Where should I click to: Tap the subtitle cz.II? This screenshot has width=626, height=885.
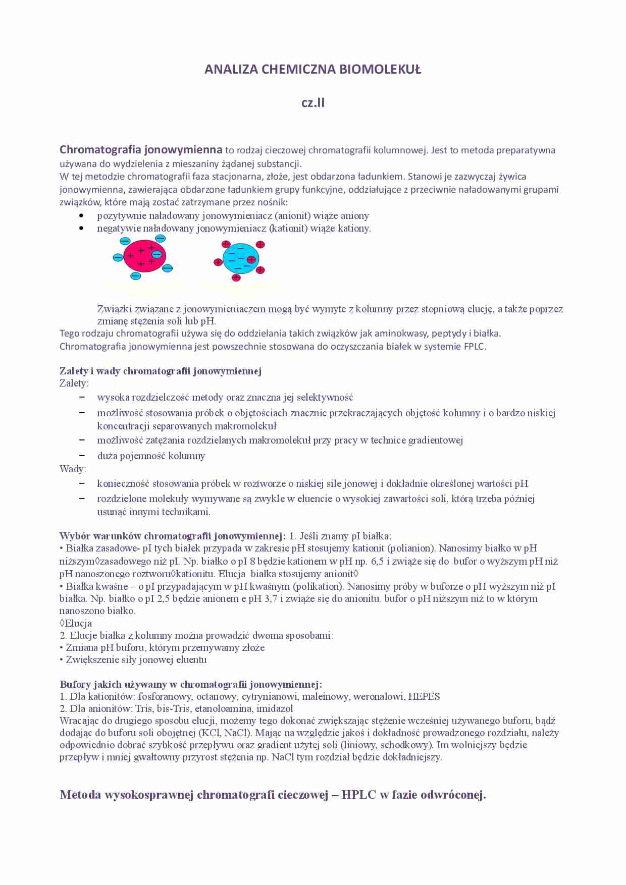[313, 103]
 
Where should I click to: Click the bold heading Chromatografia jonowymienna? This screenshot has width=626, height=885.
[141, 150]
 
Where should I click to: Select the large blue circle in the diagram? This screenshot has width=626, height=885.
[240, 258]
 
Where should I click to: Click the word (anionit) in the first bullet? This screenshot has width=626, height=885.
[293, 216]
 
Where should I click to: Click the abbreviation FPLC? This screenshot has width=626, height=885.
[475, 347]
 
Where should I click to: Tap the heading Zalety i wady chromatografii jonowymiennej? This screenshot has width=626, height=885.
[161, 371]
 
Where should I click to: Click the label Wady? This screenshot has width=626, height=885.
[73, 469]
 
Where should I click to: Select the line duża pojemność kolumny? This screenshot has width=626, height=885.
[151, 456]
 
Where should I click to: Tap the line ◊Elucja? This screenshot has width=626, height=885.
[76, 624]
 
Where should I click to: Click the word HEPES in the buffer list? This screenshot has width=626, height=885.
[424, 697]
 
